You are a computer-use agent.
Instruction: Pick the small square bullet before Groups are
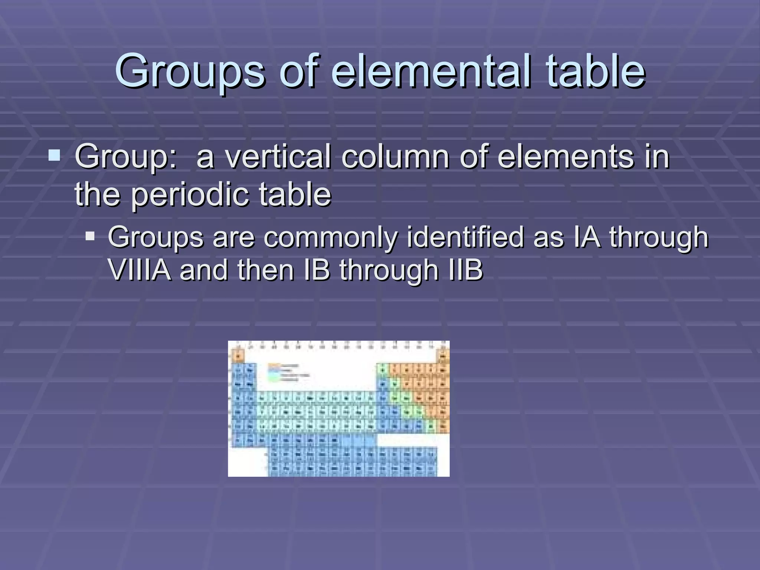(x=90, y=236)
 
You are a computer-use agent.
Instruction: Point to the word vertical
(x=278, y=157)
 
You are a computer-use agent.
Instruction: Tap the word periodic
(x=189, y=194)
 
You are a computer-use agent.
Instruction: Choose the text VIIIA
(x=140, y=270)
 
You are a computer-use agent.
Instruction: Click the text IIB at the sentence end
(x=465, y=270)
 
